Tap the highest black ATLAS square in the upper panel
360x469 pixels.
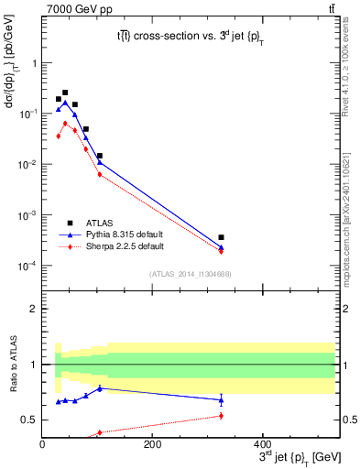click(x=65, y=93)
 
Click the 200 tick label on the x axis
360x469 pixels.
click(x=152, y=444)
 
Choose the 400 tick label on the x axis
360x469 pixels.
click(x=262, y=444)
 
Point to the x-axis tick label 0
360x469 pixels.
click(x=42, y=444)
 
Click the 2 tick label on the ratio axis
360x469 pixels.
click(x=34, y=309)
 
